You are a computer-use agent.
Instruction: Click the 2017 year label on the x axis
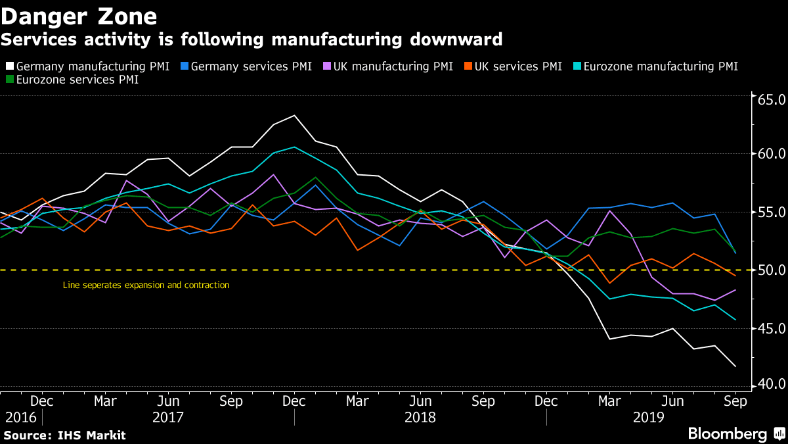point(168,417)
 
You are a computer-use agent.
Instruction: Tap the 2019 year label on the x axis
point(649,417)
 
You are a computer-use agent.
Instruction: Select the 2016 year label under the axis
point(20,417)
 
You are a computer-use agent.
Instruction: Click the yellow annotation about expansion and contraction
point(146,285)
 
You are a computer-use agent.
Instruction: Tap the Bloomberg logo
point(735,434)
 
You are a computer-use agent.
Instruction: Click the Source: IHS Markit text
point(64,435)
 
